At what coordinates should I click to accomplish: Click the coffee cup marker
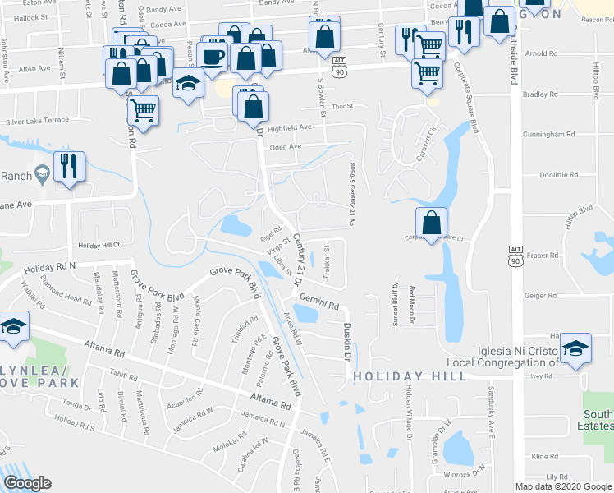click(x=213, y=56)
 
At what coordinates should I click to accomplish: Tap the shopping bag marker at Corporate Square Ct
click(x=432, y=222)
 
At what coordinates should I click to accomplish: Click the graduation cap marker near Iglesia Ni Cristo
click(x=576, y=348)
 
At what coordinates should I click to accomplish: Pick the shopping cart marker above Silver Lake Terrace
click(x=144, y=110)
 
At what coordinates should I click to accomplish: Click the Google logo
click(x=27, y=483)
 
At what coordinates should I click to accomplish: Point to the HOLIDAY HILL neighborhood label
click(x=410, y=376)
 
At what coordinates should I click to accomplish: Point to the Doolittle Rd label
click(x=561, y=175)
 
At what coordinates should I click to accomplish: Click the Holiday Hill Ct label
click(x=99, y=245)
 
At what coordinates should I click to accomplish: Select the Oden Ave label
click(x=286, y=148)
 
